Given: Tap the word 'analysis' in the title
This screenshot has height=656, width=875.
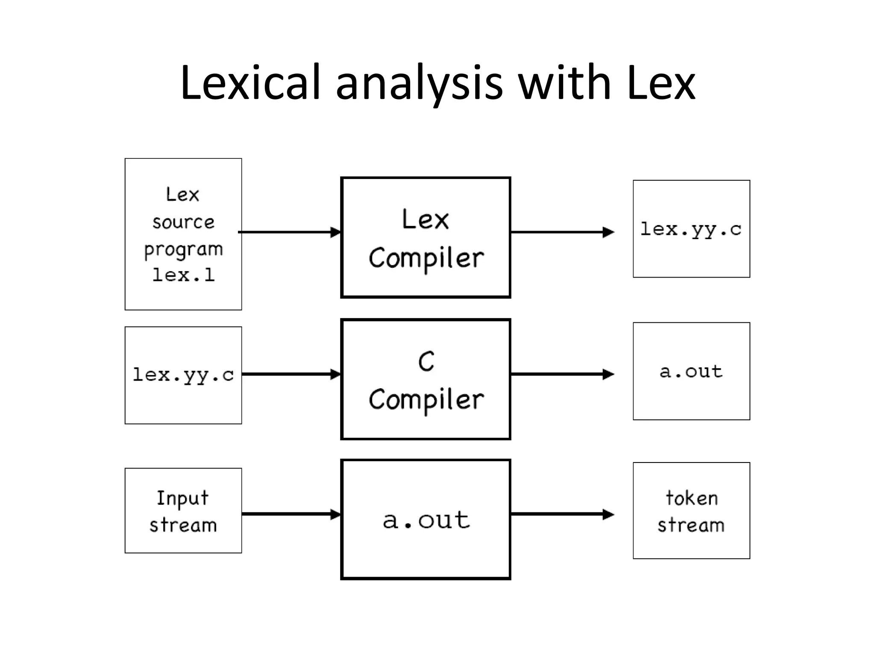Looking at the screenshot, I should click(x=419, y=83).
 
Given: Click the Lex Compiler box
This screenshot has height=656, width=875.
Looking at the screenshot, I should click(x=426, y=237).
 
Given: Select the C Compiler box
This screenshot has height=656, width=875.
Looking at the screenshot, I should click(x=426, y=379).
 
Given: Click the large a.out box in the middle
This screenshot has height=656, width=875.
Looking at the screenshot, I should click(x=426, y=519).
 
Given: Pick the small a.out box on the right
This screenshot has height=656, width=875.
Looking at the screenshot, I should click(x=691, y=371).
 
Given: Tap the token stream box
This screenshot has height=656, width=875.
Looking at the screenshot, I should click(x=691, y=511).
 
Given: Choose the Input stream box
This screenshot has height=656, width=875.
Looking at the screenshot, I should click(x=183, y=511).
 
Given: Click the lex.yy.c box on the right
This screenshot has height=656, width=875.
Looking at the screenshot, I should click(x=691, y=229).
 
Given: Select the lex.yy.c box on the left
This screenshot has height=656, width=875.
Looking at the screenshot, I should click(x=183, y=375).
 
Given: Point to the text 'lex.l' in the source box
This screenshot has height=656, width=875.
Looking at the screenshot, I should click(x=184, y=275).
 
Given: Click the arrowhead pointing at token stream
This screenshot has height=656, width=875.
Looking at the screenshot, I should click(x=608, y=514).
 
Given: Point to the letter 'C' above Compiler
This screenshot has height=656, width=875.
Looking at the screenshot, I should click(x=426, y=361).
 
